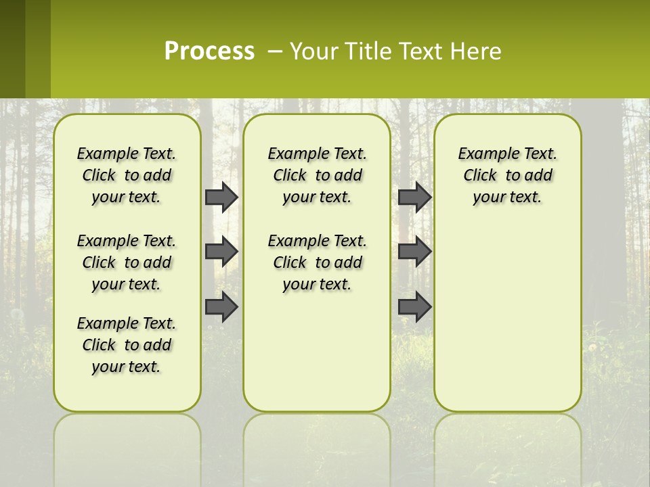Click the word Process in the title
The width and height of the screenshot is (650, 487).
point(209,51)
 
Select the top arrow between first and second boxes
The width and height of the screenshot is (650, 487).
point(221,197)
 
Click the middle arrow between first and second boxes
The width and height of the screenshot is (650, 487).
point(221,252)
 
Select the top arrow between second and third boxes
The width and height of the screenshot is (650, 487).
point(414,197)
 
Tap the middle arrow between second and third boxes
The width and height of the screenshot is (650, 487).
point(414,252)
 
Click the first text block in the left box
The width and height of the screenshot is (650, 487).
point(127,175)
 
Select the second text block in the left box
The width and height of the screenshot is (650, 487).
point(127,262)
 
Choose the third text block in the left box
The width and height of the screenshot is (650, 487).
point(127,345)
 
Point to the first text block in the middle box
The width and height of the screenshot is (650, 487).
point(317,175)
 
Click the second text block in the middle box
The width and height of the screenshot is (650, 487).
point(317,262)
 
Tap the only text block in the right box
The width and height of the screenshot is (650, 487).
point(507,175)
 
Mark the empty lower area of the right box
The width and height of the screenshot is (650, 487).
point(507,318)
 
